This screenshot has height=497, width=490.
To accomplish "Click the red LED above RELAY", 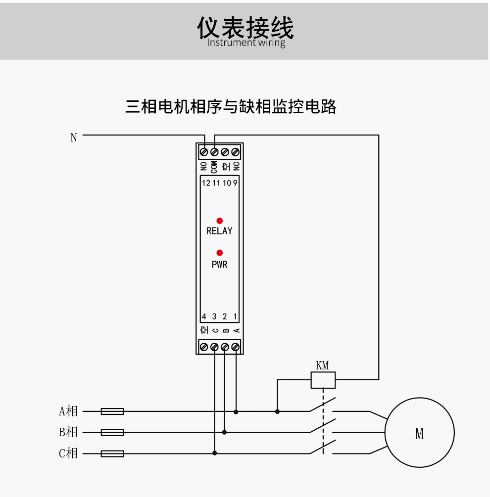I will coord(219,221).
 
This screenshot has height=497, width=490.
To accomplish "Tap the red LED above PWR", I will coord(219,253).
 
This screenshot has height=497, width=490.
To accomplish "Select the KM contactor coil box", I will coord(323,380).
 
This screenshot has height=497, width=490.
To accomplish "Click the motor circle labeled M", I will coord(419,433).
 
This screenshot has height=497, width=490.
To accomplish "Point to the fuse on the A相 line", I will coord(112,411).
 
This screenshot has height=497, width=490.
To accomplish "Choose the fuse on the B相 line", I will coord(112,432).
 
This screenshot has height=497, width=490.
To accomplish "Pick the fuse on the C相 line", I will coord(112,453).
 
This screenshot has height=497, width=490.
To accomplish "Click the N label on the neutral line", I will coord(74,137).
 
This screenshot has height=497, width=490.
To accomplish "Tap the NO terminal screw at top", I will coord(204,151).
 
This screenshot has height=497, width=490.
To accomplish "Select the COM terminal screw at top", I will coord(214,151).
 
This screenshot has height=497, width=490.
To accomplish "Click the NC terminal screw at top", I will coord(236,151).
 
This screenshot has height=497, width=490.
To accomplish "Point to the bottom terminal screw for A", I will coord(236,347).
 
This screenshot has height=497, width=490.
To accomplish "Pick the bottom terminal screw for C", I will coord(214,347).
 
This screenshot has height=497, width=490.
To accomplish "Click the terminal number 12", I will coord(206,183).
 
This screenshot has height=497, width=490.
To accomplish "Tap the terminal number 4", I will coord(203,316).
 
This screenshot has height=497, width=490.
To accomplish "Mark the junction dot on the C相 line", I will coord(214,453).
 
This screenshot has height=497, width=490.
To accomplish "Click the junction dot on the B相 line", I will coord(225,432).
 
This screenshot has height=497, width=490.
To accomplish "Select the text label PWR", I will coord(219,265).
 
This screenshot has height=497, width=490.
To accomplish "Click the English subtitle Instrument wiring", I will coord(246,43).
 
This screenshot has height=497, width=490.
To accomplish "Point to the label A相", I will coord(68,411).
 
